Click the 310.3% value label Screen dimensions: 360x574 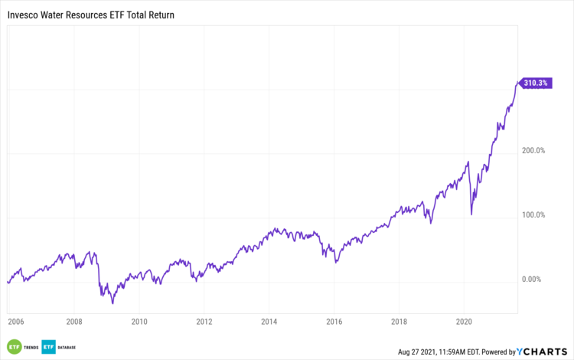(535, 83)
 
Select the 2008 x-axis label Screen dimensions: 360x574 (74, 322)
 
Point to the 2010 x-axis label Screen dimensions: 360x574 (139, 322)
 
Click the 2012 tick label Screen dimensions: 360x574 (204, 322)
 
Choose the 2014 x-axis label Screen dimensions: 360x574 (269, 322)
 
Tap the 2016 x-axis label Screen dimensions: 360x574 (334, 322)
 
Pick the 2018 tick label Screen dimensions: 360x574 (399, 322)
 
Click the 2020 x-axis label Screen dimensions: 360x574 (464, 322)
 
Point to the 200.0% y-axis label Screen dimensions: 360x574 (533, 151)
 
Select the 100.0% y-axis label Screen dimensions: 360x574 (533, 215)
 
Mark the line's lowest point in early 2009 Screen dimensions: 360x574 (113, 303)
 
